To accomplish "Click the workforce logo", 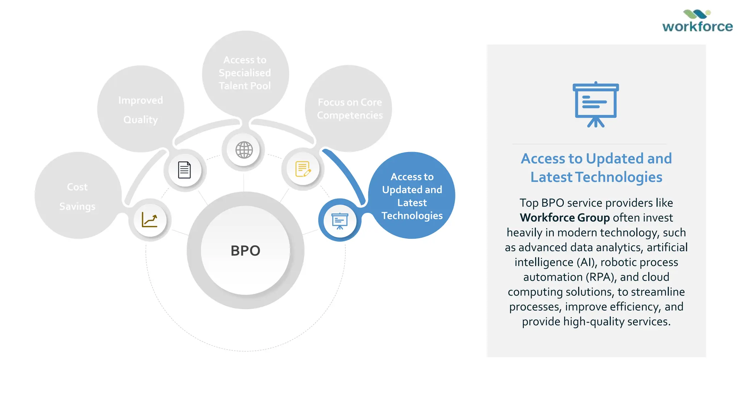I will click(697, 22).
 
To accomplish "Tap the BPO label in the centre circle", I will click(245, 250).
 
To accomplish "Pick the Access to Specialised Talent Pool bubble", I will click(245, 73).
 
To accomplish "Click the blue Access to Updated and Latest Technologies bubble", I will click(412, 196).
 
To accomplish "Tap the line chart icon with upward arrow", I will click(150, 220).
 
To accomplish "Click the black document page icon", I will click(184, 170).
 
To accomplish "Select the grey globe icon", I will click(244, 150).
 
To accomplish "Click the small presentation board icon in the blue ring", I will click(339, 221).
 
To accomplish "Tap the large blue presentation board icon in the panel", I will click(596, 105).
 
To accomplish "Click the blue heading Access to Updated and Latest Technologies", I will click(596, 168).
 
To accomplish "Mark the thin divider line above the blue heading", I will click(589, 144).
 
